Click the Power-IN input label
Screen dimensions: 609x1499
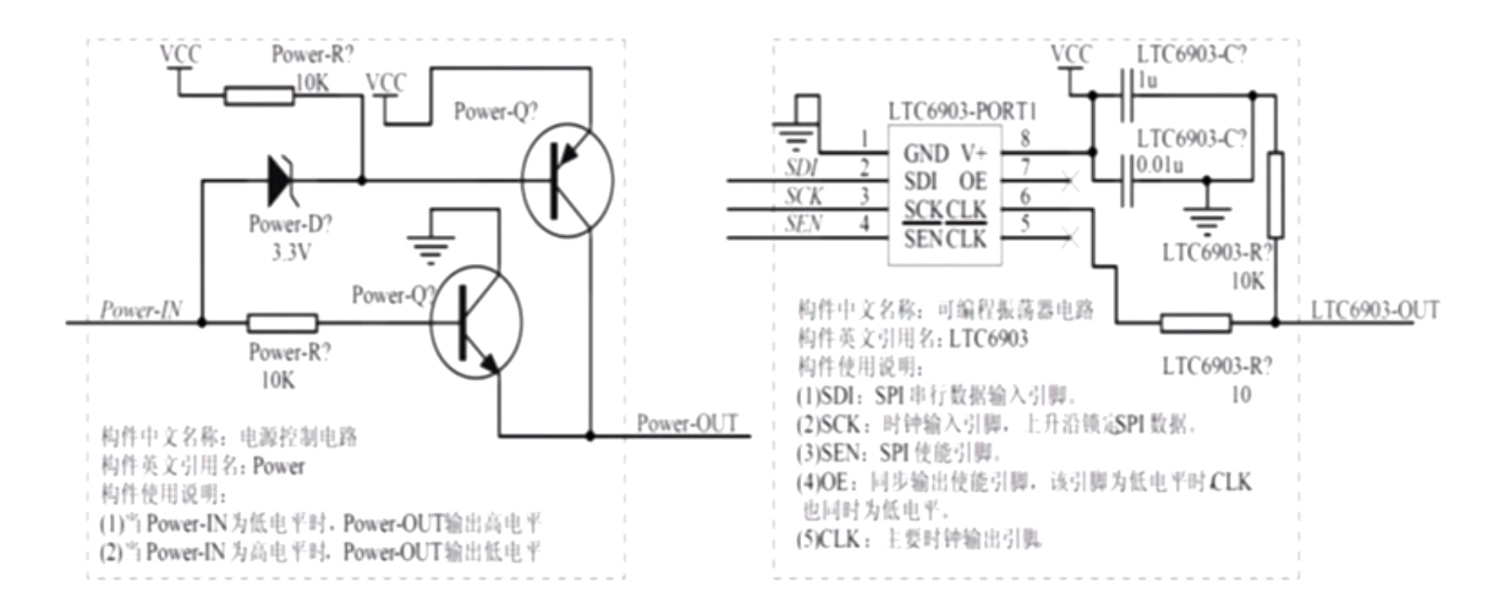tap(140, 310)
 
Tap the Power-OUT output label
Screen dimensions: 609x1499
tap(687, 423)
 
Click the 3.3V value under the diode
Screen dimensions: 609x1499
tap(290, 252)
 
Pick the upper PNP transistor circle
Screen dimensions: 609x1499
tap(566, 179)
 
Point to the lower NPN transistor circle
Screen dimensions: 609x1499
tap(475, 322)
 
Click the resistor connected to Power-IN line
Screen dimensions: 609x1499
tap(282, 322)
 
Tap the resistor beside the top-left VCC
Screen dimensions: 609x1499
tap(259, 95)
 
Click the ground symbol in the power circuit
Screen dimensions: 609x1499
tap(431, 248)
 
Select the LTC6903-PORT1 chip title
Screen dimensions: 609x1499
tap(962, 112)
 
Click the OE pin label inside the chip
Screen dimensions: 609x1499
tap(973, 181)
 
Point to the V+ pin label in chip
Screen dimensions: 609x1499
tap(973, 153)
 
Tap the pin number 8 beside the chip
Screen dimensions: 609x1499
tap(1025, 138)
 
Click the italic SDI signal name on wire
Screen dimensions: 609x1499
tap(800, 167)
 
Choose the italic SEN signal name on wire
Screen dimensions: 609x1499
tap(803, 224)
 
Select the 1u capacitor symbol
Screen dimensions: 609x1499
tap(1127, 95)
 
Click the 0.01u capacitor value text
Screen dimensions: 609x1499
tap(1159, 165)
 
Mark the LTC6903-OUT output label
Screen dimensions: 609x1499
tap(1375, 310)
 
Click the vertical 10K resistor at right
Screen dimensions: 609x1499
tap(1276, 195)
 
